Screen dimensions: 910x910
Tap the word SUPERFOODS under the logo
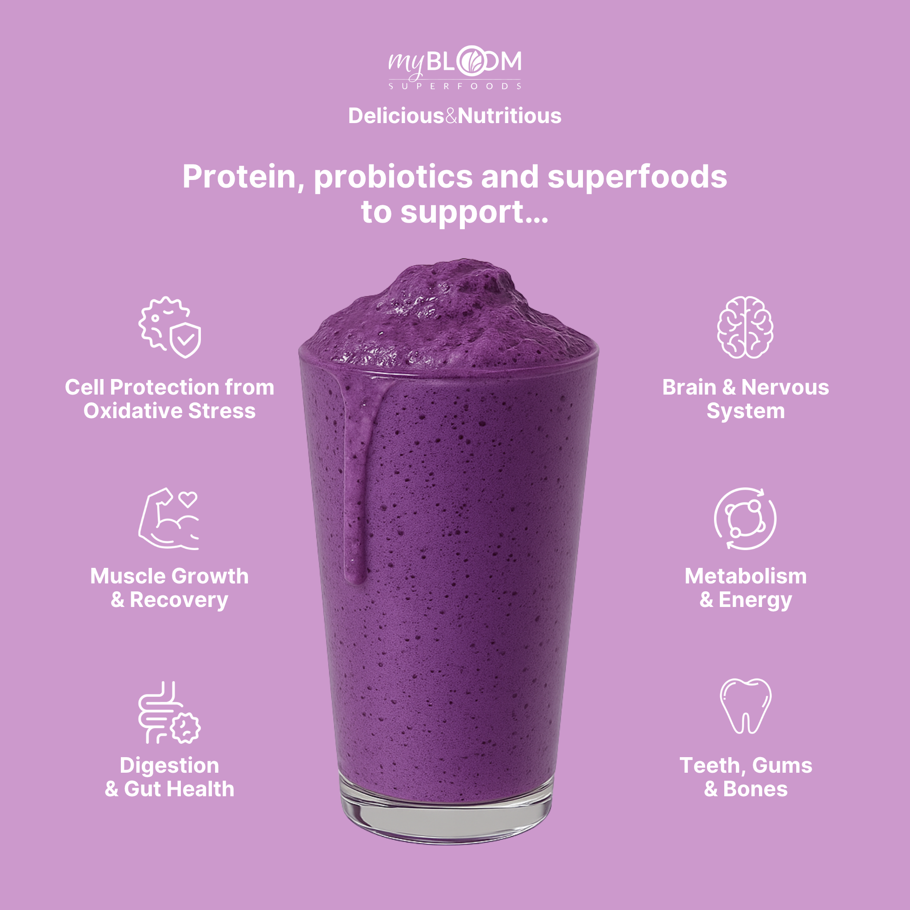(455, 86)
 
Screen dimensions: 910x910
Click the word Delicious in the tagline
(395, 116)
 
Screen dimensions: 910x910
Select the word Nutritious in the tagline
(510, 116)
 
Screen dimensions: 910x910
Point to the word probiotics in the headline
(393, 177)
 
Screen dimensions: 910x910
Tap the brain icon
(745, 327)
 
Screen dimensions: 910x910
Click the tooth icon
(746, 706)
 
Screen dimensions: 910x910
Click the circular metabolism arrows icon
(745, 519)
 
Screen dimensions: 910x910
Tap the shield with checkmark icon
(186, 340)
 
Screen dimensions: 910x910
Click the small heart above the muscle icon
(188, 499)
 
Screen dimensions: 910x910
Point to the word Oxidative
(133, 411)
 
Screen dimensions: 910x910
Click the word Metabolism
(746, 576)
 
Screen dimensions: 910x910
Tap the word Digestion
(170, 766)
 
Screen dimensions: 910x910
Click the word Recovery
(179, 600)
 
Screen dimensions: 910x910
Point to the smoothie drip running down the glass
(355, 495)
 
